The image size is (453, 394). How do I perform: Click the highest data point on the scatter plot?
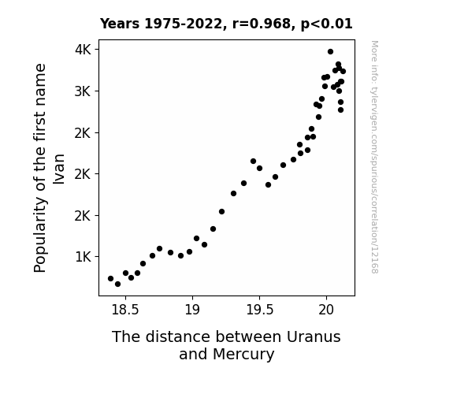coord(331,52)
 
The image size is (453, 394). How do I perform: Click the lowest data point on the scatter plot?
coord(117,284)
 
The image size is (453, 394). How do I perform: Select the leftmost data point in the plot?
coord(110,278)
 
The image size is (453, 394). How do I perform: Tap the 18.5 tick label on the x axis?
coord(125,310)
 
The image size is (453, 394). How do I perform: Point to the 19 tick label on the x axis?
coord(192,310)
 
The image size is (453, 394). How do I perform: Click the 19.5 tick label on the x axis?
coord(259,310)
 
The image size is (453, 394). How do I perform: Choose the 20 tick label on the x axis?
coord(326,310)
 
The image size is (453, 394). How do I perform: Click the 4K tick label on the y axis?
coord(83,50)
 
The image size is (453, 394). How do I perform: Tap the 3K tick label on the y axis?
coord(83,91)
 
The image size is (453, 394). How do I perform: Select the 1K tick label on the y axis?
coord(83,257)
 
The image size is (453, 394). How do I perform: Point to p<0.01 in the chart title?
coord(327,24)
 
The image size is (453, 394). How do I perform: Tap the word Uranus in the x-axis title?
coord(314,336)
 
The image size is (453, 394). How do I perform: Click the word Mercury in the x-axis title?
coord(243,355)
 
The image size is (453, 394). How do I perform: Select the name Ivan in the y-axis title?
coord(59,169)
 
